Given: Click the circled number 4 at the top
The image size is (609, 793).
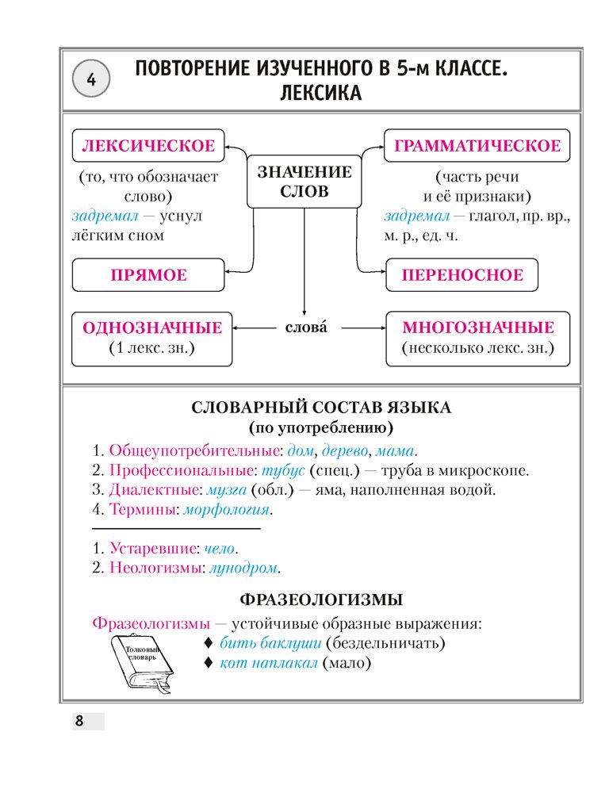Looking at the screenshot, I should tap(91, 79).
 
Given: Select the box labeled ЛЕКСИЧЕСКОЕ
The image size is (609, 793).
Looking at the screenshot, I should tap(148, 146).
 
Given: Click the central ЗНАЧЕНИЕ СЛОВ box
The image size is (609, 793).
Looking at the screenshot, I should tap(301, 182).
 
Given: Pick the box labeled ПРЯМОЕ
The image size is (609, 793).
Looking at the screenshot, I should tap(148, 275).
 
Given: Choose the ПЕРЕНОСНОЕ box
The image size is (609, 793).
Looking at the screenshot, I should tap(462, 275).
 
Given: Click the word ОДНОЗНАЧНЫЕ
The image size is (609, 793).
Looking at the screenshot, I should tap(152, 328).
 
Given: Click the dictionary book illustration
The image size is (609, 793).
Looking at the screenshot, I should tap(141, 666).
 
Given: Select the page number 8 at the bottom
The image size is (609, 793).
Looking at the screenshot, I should tap(79, 722).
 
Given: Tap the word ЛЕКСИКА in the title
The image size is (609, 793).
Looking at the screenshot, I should tap(320, 94).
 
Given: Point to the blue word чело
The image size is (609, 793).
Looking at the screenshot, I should tap(220, 548).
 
